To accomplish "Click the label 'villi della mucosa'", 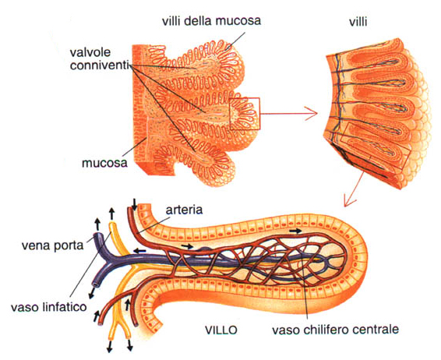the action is click(211, 21).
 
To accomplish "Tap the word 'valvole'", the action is click(90, 52).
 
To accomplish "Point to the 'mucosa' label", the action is click(104, 163).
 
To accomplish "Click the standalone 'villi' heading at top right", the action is click(358, 21).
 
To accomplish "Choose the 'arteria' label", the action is click(184, 210).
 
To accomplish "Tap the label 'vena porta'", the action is click(53, 245).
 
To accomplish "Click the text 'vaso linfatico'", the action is click(48, 306).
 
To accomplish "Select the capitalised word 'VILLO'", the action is click(220, 330).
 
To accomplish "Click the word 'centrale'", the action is click(376, 329).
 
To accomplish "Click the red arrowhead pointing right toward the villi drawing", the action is click(312, 114).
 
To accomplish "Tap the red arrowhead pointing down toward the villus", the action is click(350, 200).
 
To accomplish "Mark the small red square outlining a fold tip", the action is click(245, 114).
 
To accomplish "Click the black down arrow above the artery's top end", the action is click(135, 204).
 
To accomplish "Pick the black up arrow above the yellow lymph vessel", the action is click(112, 214).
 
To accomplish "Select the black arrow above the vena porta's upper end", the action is click(97, 224).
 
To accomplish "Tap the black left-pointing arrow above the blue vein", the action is click(139, 250).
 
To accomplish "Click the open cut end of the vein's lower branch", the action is click(97, 284).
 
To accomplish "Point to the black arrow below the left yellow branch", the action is click(110, 347).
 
